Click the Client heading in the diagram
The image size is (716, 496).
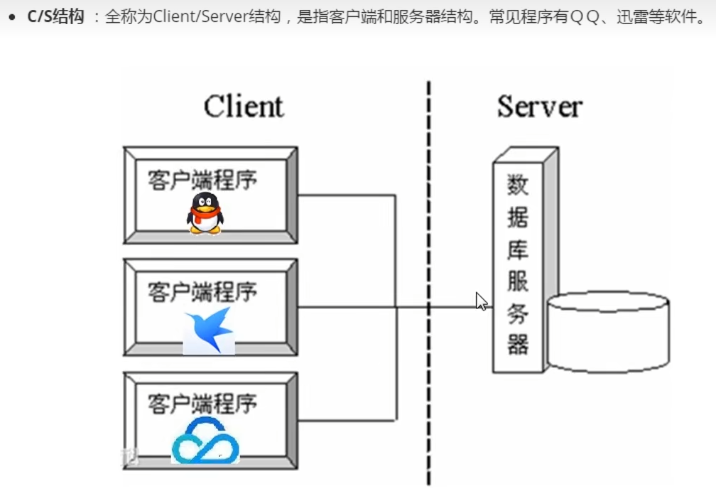243,107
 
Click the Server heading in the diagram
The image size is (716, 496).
539,107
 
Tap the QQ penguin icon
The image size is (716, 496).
205,212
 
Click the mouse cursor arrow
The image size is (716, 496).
482,301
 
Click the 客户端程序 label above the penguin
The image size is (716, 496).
202,179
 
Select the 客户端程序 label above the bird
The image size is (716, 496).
202,291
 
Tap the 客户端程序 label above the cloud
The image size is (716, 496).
202,404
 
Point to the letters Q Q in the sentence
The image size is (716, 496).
585,16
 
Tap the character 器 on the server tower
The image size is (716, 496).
517,345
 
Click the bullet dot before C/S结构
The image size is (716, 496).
12,16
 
